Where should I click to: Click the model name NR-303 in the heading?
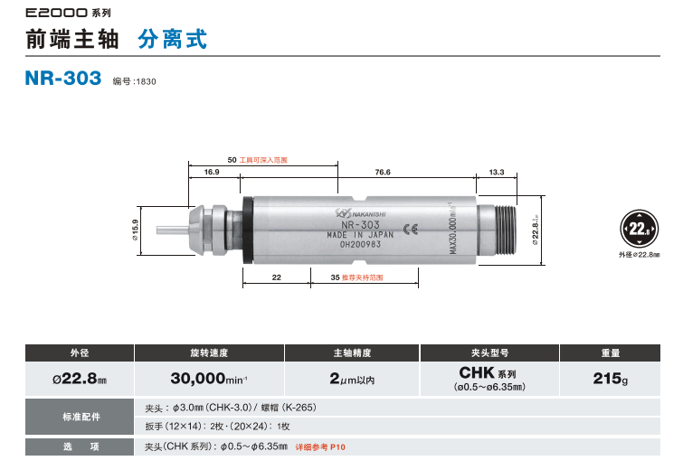click(63, 79)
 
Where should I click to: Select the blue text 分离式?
click(172, 40)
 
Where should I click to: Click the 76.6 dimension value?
click(383, 172)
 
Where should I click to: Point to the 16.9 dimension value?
click(212, 172)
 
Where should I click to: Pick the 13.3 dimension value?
click(496, 172)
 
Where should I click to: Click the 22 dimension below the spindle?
click(277, 277)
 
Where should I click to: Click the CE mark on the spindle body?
click(410, 228)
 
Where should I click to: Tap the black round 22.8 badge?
click(640, 229)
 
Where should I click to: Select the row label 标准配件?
click(80, 417)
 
